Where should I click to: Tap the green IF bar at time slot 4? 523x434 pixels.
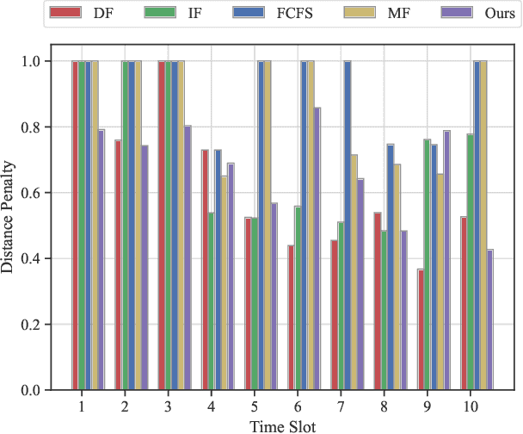[212, 301]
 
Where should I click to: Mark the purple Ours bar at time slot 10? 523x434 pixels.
[491, 319]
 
